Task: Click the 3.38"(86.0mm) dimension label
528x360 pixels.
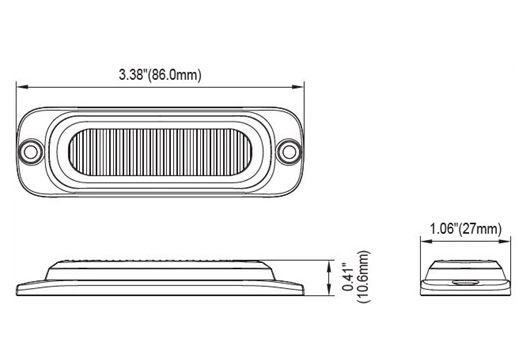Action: (160, 74)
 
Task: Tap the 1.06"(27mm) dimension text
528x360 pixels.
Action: (466, 229)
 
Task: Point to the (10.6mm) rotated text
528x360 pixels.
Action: (364, 276)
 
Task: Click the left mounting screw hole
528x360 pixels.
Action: (31, 152)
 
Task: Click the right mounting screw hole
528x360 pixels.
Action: (289, 152)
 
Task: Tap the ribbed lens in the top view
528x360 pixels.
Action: (160, 152)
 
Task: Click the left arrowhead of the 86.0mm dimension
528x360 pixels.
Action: (22, 87)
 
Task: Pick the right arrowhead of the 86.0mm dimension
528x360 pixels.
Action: (298, 87)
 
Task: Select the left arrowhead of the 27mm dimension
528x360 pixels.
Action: (426, 241)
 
